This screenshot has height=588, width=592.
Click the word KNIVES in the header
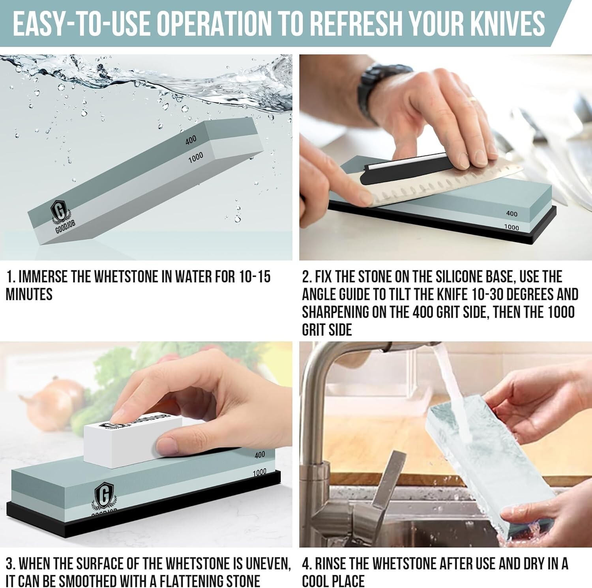click(501, 22)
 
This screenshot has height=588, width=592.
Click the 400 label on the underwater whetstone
click(191, 140)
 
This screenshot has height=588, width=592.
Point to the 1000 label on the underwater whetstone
click(195, 157)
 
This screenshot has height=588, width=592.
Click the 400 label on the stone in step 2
click(511, 213)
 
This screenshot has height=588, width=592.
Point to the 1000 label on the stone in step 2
click(511, 227)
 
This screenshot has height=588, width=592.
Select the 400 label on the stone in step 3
click(260, 455)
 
